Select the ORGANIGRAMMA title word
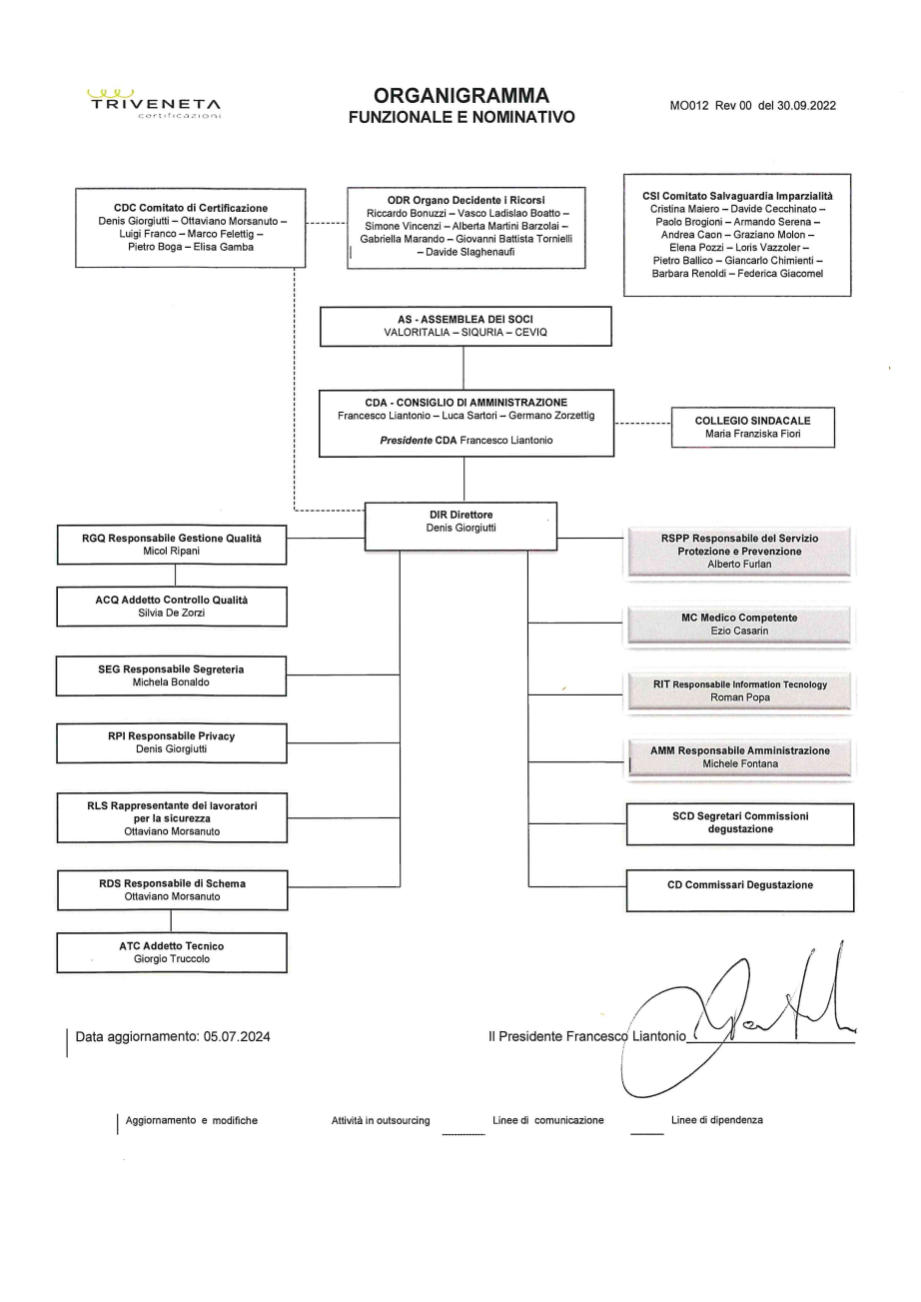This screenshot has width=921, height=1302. coord(460,96)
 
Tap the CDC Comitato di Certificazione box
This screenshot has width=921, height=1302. coord(184,228)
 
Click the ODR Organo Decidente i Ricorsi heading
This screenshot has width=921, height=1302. coord(466,199)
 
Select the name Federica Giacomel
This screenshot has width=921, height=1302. coord(781,273)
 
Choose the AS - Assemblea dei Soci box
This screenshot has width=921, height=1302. coord(464,327)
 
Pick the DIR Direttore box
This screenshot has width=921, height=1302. coord(460,526)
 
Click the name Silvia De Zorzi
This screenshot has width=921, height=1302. coord(172,613)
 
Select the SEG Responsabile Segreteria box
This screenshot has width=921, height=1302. coord(172,675)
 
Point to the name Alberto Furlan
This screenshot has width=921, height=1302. coord(739,564)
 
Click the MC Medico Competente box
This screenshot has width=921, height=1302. coord(739,625)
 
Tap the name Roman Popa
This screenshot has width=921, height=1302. coord(739,697)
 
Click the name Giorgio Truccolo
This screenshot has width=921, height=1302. coord(172,959)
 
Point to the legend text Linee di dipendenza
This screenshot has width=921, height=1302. coord(717,1120)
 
